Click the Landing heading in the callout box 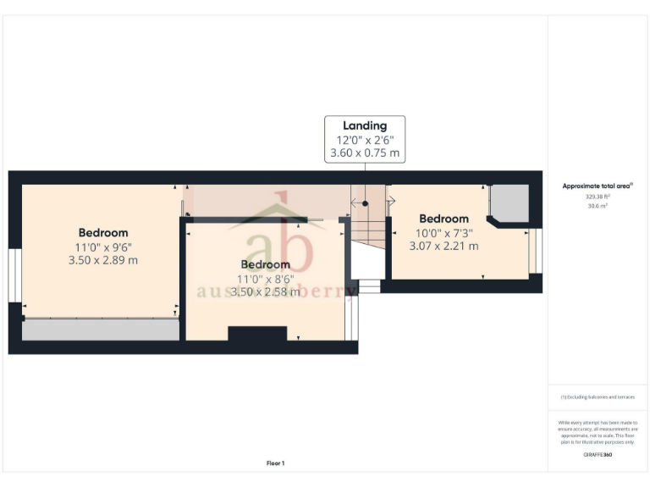click(365, 126)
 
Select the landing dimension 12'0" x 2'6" click(365, 141)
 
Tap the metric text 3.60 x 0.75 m click(365, 154)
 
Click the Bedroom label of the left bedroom click(103, 233)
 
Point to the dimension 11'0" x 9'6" click(103, 247)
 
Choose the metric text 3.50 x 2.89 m click(103, 260)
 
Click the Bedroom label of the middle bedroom click(265, 264)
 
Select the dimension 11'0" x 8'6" click(265, 278)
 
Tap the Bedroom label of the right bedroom click(443, 219)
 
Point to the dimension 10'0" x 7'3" click(443, 232)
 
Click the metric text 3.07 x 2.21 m click(443, 247)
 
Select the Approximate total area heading click(598, 186)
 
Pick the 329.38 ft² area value click(598, 196)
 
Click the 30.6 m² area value click(598, 205)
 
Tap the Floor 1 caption click(276, 463)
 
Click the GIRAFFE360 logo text click(598, 455)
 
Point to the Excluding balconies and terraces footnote click(598, 397)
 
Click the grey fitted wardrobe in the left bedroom click(101, 330)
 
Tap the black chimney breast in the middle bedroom click(257, 334)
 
